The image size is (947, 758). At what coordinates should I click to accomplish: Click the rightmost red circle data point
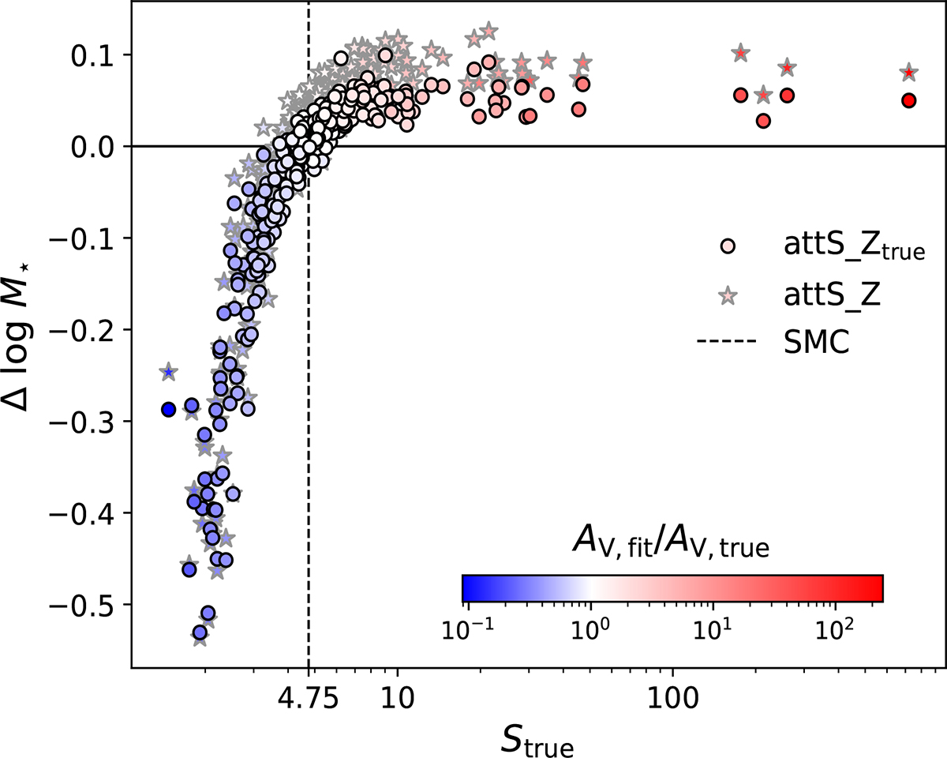point(909,100)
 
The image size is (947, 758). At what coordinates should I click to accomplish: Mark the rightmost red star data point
point(909,73)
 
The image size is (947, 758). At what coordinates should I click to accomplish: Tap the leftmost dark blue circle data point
point(168,409)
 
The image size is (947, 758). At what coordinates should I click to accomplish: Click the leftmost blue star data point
point(168,372)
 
